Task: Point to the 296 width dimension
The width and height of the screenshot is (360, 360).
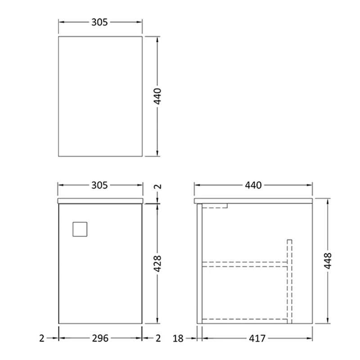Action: (x=100, y=338)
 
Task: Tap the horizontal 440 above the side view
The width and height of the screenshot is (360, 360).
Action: (x=253, y=185)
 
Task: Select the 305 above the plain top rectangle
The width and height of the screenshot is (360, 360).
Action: (x=100, y=22)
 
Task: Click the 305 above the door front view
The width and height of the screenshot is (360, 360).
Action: (x=100, y=185)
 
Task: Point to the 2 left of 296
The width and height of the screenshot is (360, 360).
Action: (x=42, y=338)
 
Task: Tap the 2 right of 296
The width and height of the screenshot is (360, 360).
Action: (x=158, y=338)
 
